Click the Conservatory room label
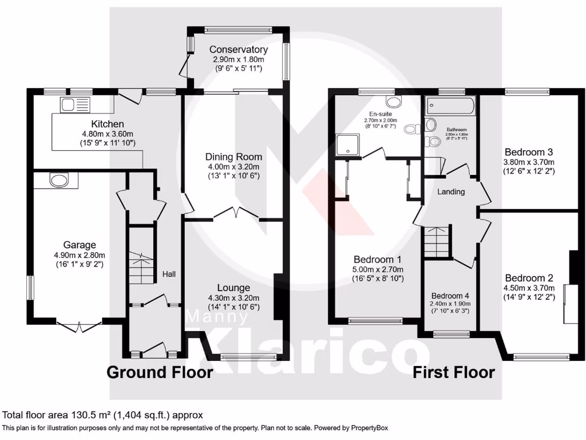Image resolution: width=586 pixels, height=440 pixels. (238, 50)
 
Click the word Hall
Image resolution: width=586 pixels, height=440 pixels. (168, 274)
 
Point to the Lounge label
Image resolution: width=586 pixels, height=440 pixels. (233, 288)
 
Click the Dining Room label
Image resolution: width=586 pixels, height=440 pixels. (233, 156)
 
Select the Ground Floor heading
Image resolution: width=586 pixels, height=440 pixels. (160, 372)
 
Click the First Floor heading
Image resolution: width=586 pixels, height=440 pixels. (454, 372)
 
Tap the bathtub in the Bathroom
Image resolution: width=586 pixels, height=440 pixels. (450, 106)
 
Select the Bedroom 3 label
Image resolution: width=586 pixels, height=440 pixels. (528, 152)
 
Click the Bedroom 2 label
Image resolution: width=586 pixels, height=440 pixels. (528, 278)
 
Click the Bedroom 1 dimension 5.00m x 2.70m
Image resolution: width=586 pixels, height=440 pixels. (378, 270)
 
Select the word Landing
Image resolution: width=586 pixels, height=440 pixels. (451, 192)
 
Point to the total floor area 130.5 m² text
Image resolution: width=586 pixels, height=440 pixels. (103, 415)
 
